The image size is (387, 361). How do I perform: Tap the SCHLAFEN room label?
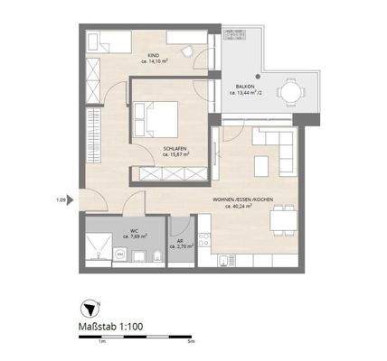pyautogui.click(x=174, y=147)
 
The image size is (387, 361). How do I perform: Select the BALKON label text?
pyautogui.click(x=243, y=85)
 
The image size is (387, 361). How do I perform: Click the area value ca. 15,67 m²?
pyautogui.click(x=174, y=154)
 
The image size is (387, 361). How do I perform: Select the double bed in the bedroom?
pyautogui.click(x=152, y=118)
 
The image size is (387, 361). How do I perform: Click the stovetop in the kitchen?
pyautogui.click(x=206, y=239)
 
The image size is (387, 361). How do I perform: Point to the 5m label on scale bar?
pyautogui.click(x=189, y=343)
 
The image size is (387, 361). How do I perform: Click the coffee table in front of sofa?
pyautogui.click(x=262, y=166)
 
